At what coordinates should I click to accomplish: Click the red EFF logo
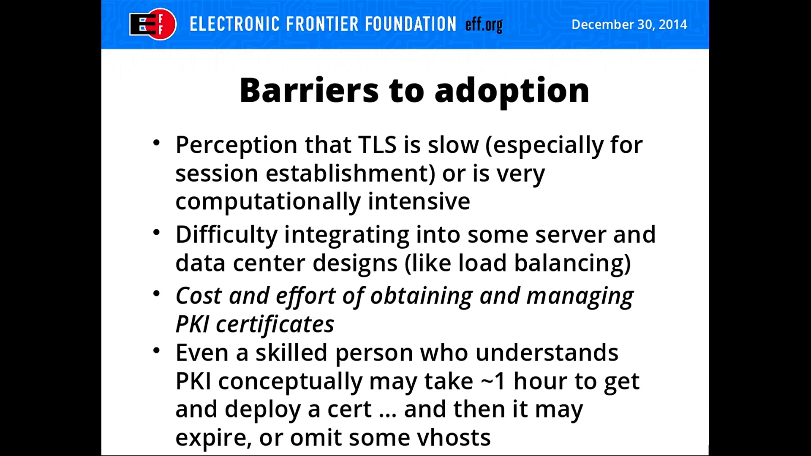[153, 24]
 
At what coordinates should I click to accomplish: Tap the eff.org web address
[484, 24]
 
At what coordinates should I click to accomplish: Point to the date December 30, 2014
[629, 24]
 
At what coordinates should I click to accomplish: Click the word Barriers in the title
[309, 90]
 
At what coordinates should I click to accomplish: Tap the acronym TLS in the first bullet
[377, 145]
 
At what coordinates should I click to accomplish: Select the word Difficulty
[226, 235]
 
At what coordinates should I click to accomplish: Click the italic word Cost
[199, 296]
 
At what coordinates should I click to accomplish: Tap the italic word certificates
[275, 325]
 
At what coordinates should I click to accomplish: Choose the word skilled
[291, 353]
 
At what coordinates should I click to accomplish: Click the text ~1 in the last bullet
[493, 382]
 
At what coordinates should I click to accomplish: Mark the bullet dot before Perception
[156, 143]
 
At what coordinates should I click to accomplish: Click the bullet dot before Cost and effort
[156, 293]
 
